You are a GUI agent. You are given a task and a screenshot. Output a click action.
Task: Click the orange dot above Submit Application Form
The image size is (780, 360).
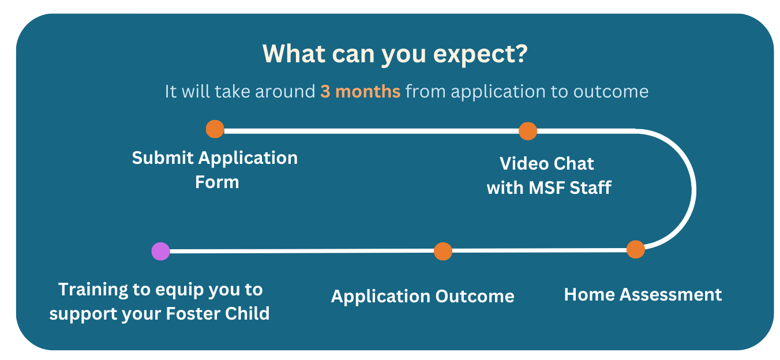click(215, 129)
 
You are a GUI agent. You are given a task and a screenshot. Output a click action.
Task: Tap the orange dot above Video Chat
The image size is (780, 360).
click(528, 132)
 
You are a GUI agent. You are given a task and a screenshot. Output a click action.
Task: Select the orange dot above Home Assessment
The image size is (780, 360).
click(636, 250)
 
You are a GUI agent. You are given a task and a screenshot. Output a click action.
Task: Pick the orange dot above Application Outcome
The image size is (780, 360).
click(443, 252)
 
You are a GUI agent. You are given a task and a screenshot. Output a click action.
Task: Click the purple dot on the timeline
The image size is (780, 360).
click(161, 252)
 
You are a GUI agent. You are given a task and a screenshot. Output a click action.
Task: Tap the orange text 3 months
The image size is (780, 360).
click(361, 92)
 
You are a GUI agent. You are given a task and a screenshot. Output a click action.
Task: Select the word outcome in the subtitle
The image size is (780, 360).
click(611, 92)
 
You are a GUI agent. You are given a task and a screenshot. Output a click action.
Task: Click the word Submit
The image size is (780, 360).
click(163, 157)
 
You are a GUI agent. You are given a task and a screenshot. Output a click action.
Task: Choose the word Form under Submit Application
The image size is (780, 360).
click(217, 182)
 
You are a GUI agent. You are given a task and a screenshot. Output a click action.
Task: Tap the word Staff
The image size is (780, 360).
click(591, 188)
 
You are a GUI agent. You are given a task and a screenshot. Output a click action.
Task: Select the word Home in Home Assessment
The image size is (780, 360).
click(590, 295)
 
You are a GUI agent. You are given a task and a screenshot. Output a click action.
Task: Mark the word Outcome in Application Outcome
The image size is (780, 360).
click(475, 297)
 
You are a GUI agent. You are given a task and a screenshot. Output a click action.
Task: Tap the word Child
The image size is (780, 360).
click(247, 314)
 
